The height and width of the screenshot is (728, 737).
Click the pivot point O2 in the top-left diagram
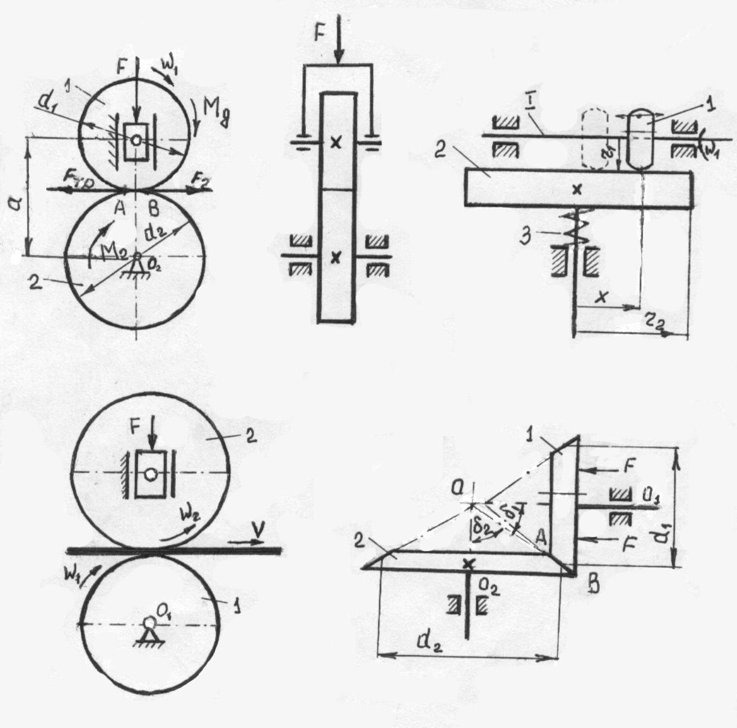coord(137,256)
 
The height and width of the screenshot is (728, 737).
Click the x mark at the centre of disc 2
coord(577,189)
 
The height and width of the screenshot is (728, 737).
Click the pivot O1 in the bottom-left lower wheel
coord(148,623)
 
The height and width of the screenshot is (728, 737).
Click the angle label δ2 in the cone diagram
coord(479,530)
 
